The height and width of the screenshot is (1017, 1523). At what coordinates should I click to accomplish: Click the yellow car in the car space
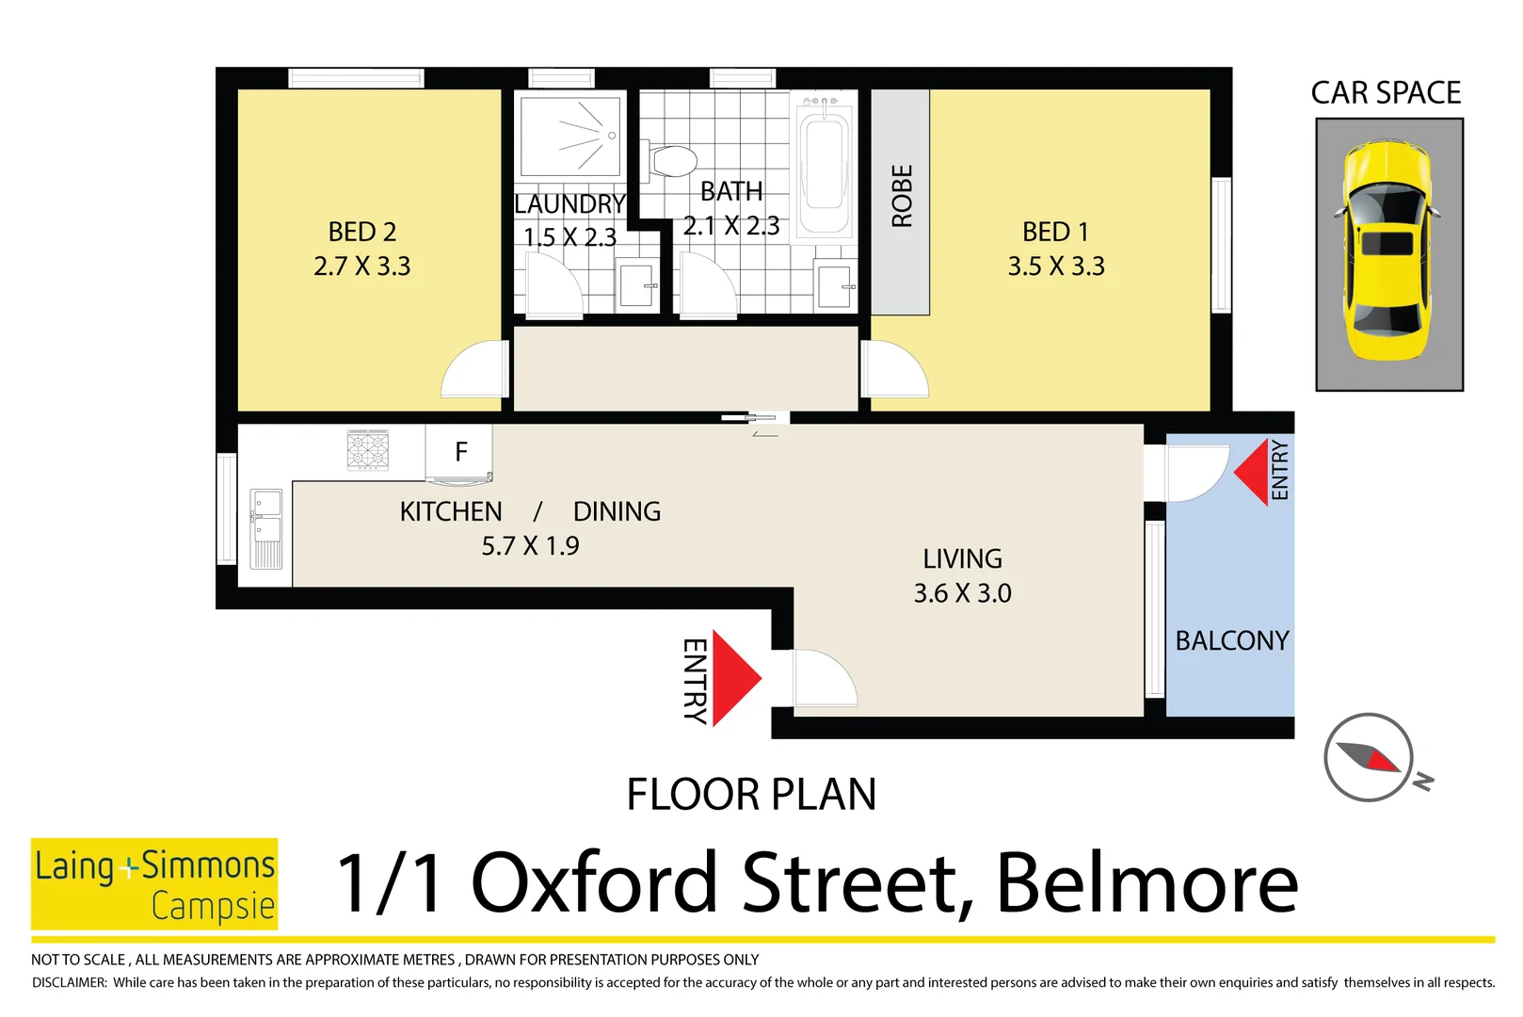coord(1388,251)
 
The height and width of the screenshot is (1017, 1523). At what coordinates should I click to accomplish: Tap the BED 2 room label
coord(361,232)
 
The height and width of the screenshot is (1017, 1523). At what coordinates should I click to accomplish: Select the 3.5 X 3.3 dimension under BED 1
coord(1055,266)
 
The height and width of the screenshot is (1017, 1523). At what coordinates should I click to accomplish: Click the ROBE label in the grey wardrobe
coord(901,196)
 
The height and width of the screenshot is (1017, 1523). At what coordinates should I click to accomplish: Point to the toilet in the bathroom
coord(673,161)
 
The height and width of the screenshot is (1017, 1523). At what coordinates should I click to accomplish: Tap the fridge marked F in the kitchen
coord(459,453)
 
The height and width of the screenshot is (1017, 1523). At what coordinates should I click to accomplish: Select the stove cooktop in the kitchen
coord(368,449)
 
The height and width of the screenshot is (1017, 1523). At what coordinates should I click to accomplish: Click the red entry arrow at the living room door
coord(734,678)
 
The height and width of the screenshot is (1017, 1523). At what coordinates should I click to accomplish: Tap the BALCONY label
coord(1231,641)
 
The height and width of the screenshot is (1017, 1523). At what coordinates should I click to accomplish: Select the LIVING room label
coord(962,559)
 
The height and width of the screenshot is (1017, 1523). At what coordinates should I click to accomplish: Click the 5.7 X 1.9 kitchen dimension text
coord(530,546)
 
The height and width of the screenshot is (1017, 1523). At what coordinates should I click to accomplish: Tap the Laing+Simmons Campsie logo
coord(154,884)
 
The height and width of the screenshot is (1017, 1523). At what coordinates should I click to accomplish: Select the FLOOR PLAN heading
coord(751,795)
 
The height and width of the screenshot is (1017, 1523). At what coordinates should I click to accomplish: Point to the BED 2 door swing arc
coord(473,370)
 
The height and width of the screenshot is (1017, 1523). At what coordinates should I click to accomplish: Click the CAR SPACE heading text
coord(1386,93)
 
